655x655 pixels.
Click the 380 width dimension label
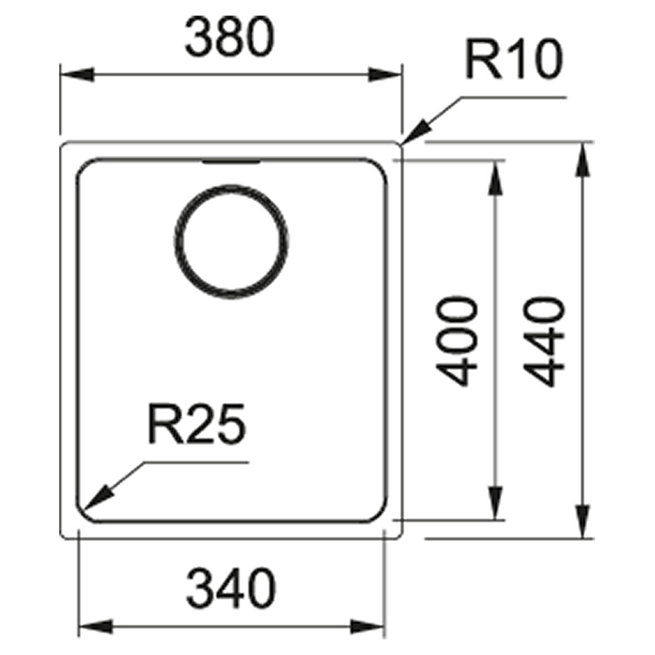click(230, 37)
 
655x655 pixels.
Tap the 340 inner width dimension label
click(231, 588)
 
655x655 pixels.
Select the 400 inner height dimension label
click(456, 341)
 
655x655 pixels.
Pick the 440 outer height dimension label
click(544, 341)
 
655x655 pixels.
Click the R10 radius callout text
click(514, 59)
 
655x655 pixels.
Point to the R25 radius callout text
click(196, 423)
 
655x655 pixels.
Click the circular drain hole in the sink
click(231, 242)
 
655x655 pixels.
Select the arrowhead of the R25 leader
click(98, 498)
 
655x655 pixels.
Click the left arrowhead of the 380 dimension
click(77, 75)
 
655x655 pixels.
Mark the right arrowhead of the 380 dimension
click(385, 75)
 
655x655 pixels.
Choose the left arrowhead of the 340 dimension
click(95, 626)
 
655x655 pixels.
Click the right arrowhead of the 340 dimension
click(368, 626)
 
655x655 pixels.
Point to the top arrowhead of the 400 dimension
click(495, 178)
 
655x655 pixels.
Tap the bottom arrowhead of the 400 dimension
click(495, 503)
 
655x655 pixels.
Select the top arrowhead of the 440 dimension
click(583, 160)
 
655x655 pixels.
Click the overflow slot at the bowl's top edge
click(232, 161)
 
